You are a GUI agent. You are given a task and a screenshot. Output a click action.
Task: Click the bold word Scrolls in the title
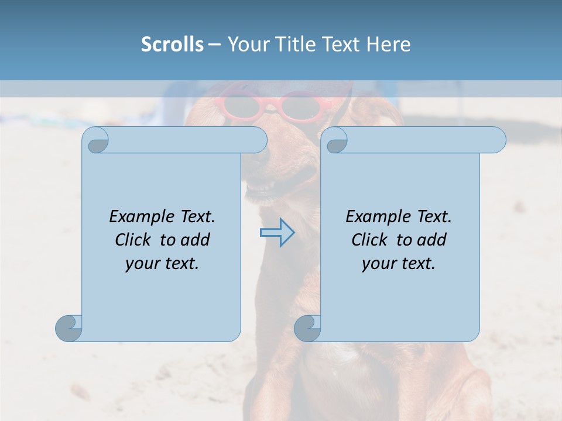click(x=173, y=44)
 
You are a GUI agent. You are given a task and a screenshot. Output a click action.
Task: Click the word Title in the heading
click(x=297, y=44)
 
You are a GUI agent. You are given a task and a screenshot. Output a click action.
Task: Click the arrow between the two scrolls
click(x=277, y=233)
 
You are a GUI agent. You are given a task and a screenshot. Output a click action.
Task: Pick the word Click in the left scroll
click(x=135, y=240)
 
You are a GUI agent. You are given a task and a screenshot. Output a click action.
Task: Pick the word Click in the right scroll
click(x=372, y=240)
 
